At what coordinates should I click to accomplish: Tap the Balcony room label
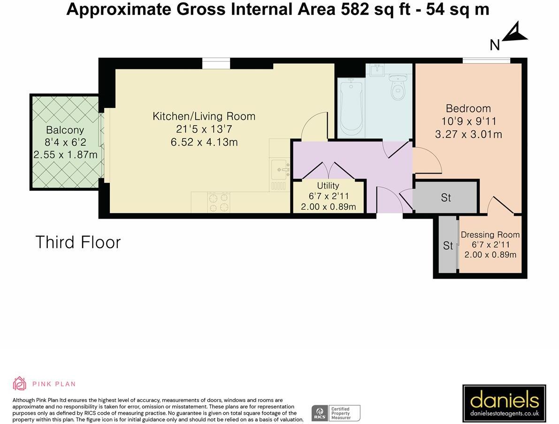[65, 130]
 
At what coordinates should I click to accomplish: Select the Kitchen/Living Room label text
[204, 116]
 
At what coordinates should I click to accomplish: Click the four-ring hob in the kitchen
[219, 202]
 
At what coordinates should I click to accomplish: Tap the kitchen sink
[280, 170]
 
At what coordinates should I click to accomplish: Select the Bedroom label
[468, 108]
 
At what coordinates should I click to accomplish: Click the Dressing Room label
[490, 235]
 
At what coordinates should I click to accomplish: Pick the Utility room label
[328, 186]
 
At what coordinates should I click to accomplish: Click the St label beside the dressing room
[448, 245]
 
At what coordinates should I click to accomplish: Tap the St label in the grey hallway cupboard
[446, 197]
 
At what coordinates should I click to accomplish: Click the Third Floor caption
[78, 242]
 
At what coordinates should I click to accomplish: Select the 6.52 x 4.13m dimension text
[204, 142]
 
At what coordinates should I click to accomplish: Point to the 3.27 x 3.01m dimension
[468, 134]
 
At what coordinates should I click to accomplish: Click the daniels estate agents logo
[504, 403]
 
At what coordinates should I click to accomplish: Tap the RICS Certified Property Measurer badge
[336, 413]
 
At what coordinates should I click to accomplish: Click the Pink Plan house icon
[20, 383]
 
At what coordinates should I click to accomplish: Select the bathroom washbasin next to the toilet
[376, 70]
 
